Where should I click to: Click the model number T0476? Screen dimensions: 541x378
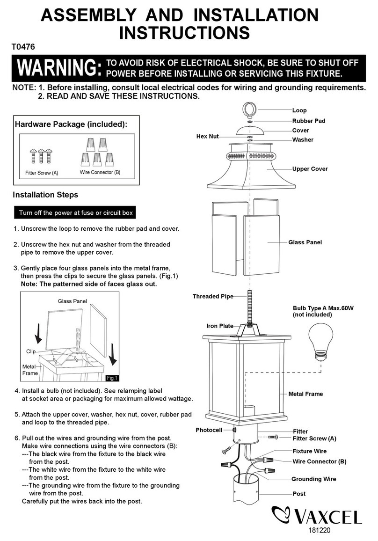[x=23, y=46]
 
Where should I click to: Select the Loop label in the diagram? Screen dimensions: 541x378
[x=299, y=110]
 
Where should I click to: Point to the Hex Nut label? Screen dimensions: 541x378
[x=208, y=136]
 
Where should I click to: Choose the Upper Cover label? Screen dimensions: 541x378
[x=310, y=168]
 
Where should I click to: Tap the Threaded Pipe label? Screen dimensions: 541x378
[x=213, y=296]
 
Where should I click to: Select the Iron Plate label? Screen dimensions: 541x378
[x=220, y=326]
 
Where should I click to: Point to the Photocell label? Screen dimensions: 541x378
[x=209, y=430]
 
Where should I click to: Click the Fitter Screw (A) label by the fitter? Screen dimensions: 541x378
[x=314, y=439]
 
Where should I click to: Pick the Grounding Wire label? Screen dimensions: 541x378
[x=314, y=479]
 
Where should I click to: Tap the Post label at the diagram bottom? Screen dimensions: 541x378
[x=299, y=494]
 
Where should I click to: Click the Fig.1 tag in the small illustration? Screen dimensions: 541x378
[x=112, y=378]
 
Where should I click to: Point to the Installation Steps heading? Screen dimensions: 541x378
[x=45, y=195]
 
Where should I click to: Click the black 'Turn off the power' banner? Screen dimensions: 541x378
[x=76, y=213]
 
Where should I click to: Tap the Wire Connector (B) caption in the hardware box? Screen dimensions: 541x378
[x=100, y=172]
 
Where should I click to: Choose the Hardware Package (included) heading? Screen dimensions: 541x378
[x=71, y=124]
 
